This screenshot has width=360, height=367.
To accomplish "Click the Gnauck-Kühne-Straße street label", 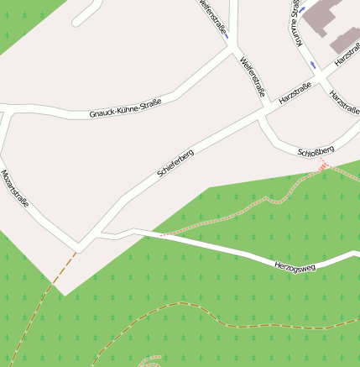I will (x=125, y=107).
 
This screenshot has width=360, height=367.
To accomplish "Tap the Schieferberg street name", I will (x=175, y=163).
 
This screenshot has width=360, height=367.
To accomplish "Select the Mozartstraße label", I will (x=15, y=190).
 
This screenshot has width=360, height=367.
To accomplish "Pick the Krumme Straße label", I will (x=295, y=21).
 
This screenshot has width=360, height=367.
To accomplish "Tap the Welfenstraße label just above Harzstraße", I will (x=252, y=76).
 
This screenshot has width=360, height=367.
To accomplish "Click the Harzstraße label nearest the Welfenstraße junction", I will (x=295, y=92).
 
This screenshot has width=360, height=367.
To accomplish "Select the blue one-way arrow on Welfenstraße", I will (x=227, y=34).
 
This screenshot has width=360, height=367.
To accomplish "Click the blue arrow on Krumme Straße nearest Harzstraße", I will (x=313, y=65).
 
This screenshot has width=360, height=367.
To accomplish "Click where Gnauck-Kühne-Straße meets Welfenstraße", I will (x=231, y=49).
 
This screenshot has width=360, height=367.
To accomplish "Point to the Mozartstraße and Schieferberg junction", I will (x=79, y=246).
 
